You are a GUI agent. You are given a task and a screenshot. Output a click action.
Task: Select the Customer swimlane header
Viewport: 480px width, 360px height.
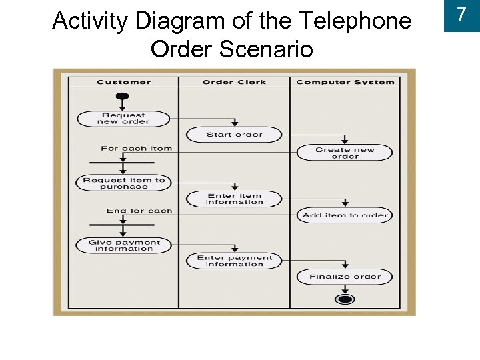point(123,82)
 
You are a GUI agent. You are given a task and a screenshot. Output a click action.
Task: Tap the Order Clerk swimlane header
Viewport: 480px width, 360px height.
point(234,82)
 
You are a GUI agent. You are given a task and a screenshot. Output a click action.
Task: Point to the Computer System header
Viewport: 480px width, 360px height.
point(345,82)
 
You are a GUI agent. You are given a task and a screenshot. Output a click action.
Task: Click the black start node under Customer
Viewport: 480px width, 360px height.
point(123,95)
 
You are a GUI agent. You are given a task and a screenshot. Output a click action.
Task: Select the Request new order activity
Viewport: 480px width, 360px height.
point(123,119)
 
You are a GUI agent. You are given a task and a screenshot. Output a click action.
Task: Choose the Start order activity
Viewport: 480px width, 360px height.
point(234,135)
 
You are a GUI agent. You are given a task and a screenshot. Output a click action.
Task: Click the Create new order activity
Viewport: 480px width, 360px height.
point(345,153)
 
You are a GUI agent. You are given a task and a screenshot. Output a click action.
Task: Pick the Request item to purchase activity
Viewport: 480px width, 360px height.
point(123,183)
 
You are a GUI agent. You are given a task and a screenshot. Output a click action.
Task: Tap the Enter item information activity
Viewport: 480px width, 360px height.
point(234,199)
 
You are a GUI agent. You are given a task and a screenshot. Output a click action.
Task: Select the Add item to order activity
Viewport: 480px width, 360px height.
point(345,215)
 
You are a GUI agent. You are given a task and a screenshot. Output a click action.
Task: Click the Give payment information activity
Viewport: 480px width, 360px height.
point(123,245)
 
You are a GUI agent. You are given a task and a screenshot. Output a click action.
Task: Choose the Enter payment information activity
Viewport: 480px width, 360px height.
point(234,261)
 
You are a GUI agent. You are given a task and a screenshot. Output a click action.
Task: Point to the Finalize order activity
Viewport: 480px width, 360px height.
point(345,277)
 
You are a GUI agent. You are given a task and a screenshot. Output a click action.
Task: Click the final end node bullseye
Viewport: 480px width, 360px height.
point(345,299)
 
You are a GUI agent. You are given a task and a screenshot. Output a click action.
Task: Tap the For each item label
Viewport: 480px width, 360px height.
point(136,148)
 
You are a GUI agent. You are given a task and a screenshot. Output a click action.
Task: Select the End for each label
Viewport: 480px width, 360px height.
point(139,211)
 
